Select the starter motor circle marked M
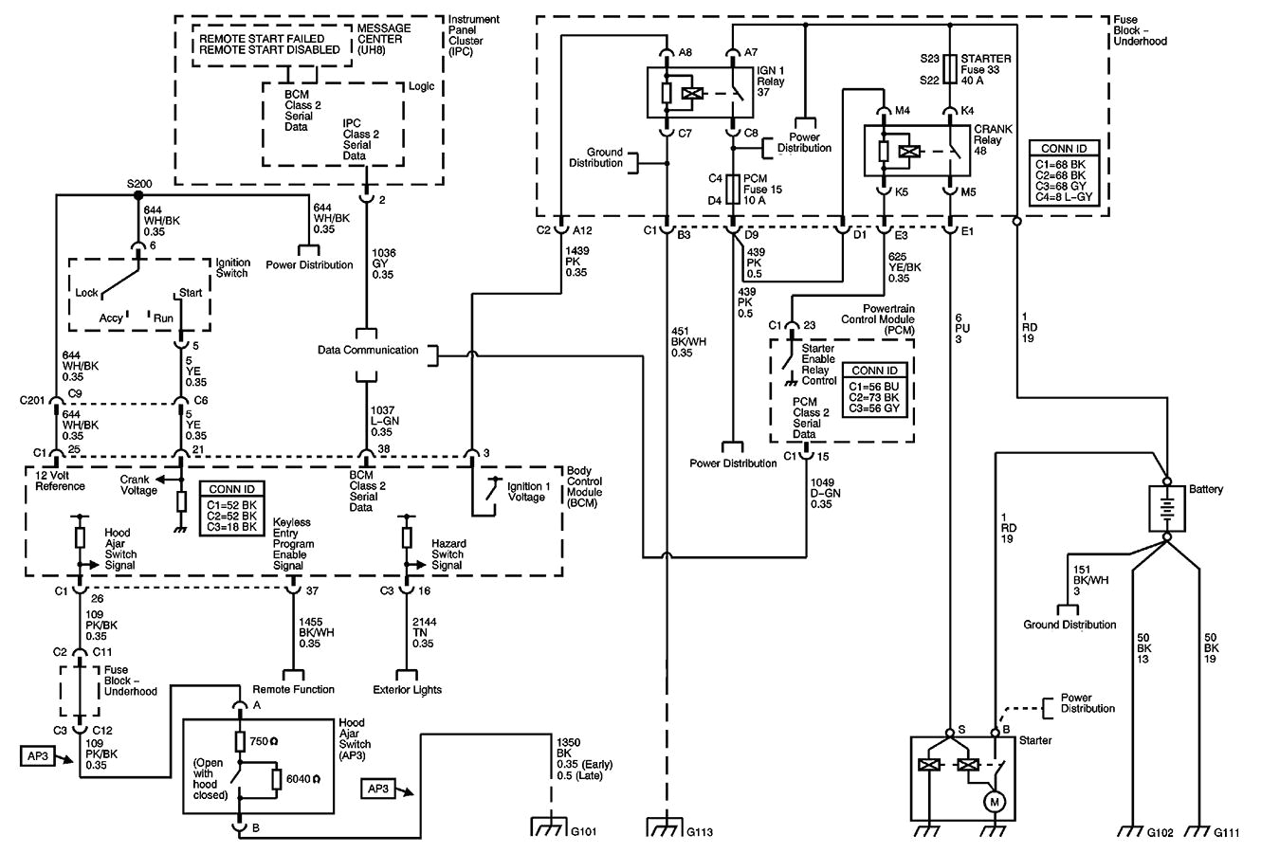coord(995,802)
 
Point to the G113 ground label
coord(699,832)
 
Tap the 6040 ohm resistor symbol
coord(277,778)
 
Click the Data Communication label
coord(368,350)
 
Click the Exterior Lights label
coord(408,689)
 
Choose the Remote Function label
coord(293,689)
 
